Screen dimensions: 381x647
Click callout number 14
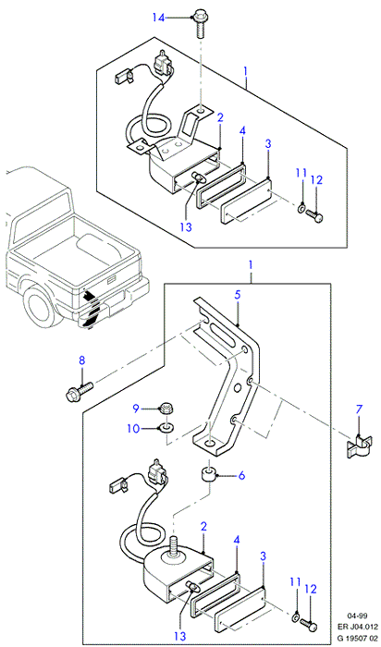click(158, 18)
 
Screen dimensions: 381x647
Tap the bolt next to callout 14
click(200, 25)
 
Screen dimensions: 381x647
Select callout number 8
click(81, 360)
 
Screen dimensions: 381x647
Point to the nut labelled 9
click(167, 409)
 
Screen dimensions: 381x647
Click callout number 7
click(359, 409)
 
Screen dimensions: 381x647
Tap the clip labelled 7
click(357, 446)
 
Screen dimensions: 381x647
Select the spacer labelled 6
click(209, 474)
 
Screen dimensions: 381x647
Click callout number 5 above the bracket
click(238, 296)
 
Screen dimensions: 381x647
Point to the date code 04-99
click(357, 616)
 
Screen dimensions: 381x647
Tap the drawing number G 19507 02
click(358, 637)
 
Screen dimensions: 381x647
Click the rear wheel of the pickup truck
click(38, 304)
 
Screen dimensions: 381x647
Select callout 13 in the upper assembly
click(186, 227)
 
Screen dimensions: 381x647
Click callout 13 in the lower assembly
click(180, 637)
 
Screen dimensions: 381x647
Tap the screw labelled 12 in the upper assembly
click(314, 215)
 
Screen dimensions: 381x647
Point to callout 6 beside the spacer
click(241, 475)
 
